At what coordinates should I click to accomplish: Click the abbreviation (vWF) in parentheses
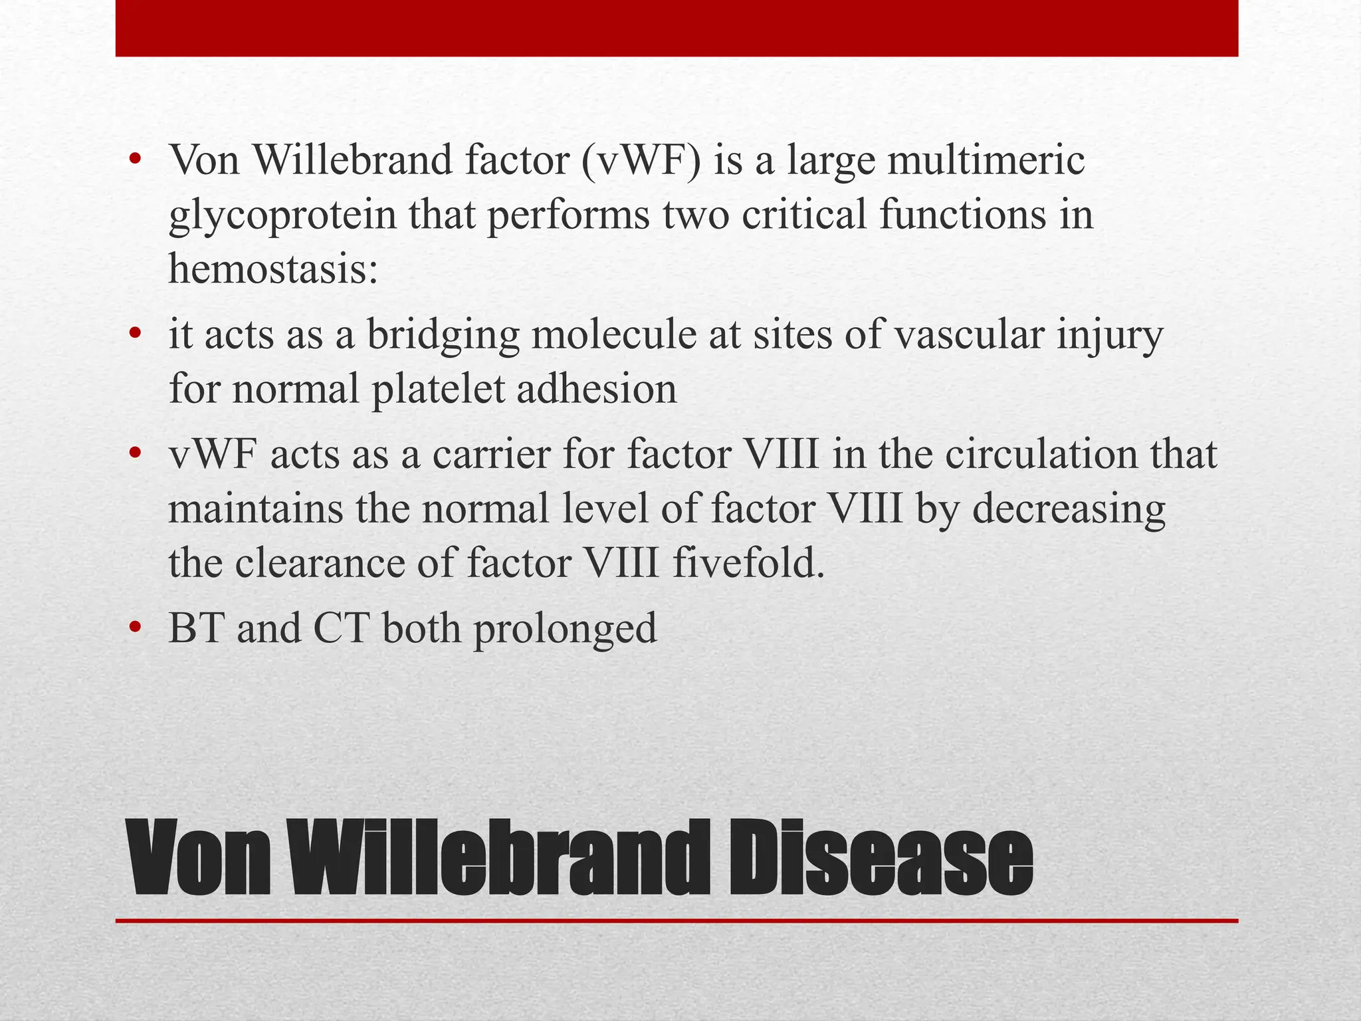click(x=641, y=161)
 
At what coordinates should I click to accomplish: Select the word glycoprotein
click(x=282, y=217)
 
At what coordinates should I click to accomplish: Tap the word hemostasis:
click(x=273, y=270)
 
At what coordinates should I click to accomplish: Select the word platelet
click(x=438, y=389)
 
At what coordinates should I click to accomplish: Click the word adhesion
click(x=597, y=389)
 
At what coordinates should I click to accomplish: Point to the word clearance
click(x=319, y=564)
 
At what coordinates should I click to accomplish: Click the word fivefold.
click(x=748, y=564)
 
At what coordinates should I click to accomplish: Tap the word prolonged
click(x=565, y=629)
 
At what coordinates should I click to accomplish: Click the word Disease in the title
click(x=880, y=858)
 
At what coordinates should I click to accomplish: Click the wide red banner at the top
click(x=677, y=28)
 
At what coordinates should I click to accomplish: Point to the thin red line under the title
click(x=677, y=921)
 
